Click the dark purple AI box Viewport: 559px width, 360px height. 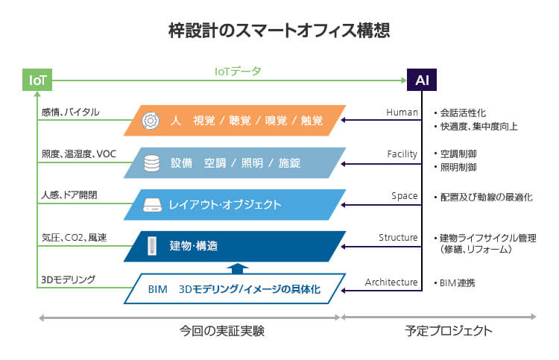pos(421,80)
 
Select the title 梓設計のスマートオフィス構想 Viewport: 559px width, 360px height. pos(279,31)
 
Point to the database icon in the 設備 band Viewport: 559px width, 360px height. pos(151,162)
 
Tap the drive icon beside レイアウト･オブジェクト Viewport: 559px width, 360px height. pos(151,204)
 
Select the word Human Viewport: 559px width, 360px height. pos(402,113)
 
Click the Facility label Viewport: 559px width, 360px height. pos(402,154)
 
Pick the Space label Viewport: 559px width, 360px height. pos(404,196)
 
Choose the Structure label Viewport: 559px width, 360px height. pos(398,238)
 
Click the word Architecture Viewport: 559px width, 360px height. pos(391,282)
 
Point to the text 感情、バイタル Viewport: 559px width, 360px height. pos(70,113)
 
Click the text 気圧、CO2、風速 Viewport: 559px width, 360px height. pos(75,238)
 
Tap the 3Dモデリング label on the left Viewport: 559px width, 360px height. pos(69,280)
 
